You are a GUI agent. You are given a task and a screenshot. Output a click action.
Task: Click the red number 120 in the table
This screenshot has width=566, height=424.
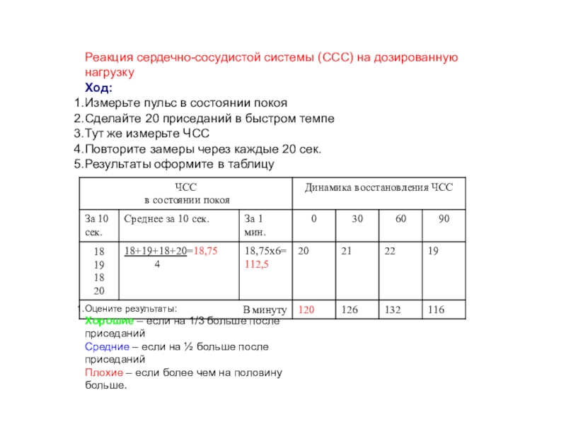tap(306, 310)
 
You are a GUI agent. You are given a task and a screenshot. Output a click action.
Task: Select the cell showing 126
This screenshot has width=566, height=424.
tap(350, 310)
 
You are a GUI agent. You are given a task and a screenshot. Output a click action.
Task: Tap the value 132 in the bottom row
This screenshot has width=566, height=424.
tap(393, 310)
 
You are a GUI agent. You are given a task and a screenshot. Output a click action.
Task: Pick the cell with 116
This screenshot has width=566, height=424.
tap(437, 310)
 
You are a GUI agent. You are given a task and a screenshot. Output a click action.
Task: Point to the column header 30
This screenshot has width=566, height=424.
tap(357, 219)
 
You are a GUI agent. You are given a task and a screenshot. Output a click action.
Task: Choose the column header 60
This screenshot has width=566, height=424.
tap(401, 219)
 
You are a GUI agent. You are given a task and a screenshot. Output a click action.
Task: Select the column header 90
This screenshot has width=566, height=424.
tap(444, 219)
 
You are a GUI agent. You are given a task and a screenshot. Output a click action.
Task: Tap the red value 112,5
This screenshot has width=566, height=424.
tap(257, 264)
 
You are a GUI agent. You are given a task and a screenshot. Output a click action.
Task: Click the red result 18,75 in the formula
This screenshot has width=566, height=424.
tap(205, 250)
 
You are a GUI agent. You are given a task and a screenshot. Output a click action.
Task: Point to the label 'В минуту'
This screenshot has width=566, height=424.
tap(264, 310)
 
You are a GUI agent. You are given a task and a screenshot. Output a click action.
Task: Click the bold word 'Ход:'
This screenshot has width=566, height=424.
tap(98, 88)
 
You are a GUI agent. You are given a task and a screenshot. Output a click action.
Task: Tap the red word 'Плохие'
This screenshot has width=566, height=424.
tap(103, 373)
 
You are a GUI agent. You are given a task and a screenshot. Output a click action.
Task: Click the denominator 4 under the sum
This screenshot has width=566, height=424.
tap(156, 264)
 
